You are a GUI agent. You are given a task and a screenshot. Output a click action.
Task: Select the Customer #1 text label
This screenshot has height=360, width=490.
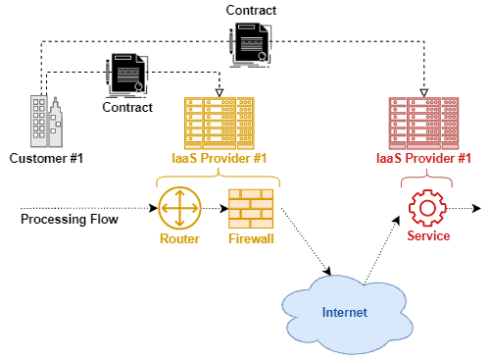[45, 157]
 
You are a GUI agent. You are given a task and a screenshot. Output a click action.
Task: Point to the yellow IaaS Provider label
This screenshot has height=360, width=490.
[219, 157]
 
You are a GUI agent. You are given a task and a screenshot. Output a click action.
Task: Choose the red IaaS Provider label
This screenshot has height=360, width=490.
[423, 157]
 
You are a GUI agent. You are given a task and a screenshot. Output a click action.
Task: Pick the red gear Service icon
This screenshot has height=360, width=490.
[426, 208]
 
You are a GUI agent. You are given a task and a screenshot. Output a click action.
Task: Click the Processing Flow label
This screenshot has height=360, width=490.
[69, 219]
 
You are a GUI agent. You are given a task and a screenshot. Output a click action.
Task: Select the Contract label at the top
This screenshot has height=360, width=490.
[251, 10]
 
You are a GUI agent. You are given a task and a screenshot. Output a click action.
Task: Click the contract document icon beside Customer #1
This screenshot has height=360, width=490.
[127, 74]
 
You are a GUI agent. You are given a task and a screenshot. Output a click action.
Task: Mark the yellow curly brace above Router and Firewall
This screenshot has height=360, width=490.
[218, 180]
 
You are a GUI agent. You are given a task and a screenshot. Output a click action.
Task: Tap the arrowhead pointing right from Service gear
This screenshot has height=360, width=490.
[477, 208]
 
